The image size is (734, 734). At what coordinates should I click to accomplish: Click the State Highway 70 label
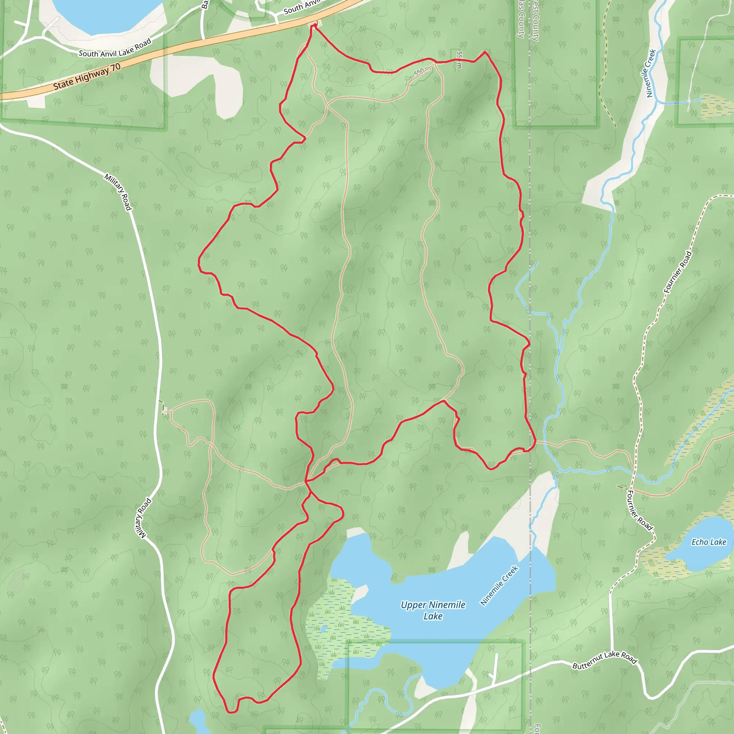pyautogui.click(x=87, y=77)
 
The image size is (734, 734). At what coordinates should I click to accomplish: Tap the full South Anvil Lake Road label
pyautogui.click(x=115, y=48)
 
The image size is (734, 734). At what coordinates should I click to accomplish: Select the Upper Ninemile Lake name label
pyautogui.click(x=433, y=610)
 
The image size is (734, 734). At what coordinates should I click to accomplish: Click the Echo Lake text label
pyautogui.click(x=709, y=542)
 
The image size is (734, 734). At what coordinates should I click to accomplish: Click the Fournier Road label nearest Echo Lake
pyautogui.click(x=639, y=510)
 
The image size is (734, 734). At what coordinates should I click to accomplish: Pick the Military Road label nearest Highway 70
pyautogui.click(x=118, y=192)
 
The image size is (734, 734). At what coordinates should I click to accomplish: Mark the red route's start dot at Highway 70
pyautogui.click(x=315, y=26)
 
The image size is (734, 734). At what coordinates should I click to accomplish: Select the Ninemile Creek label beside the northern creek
pyautogui.click(x=651, y=73)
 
